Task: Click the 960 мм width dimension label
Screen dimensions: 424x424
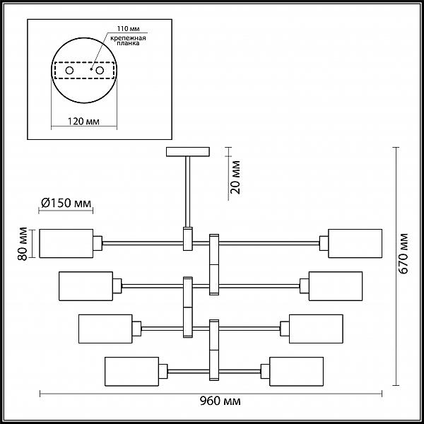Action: coord(220,401)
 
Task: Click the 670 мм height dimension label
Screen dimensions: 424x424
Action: coord(403,254)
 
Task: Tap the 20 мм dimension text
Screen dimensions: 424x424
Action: coord(235,177)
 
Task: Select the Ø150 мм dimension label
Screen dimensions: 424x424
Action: coord(66,203)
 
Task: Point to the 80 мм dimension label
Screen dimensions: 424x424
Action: coord(23,244)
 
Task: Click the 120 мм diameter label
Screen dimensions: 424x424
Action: coord(83,122)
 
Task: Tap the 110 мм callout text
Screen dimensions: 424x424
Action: coord(128,29)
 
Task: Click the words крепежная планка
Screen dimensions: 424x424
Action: coord(128,40)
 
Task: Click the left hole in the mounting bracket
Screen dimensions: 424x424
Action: coord(69,71)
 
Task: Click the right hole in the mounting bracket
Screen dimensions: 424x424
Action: coord(100,71)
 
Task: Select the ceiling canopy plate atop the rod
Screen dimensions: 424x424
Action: coord(188,152)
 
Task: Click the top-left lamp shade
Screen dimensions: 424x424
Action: coord(66,243)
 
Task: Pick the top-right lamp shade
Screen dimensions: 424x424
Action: coord(355,243)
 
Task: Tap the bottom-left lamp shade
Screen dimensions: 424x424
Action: coord(131,372)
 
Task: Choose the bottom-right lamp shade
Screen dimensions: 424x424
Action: coord(296,372)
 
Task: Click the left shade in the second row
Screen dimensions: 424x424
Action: coord(86,286)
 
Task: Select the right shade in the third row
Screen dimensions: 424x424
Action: coord(316,329)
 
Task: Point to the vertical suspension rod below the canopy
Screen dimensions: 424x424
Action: coord(188,192)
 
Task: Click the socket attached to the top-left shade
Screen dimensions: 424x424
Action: coord(98,243)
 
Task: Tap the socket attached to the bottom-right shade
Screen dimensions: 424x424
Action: coord(265,372)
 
